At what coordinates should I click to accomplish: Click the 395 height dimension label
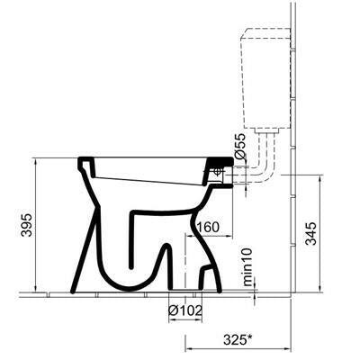point(27,225)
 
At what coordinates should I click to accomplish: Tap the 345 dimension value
point(311,234)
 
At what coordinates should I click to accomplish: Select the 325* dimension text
point(238,340)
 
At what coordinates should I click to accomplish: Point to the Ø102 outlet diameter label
point(184,310)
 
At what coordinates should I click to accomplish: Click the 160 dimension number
point(207,227)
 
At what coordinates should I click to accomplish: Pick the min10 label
point(247,267)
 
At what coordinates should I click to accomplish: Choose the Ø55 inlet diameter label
point(240,146)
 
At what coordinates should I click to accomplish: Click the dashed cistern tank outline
point(266,79)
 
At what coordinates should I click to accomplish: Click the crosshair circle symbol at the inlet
point(218,172)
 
